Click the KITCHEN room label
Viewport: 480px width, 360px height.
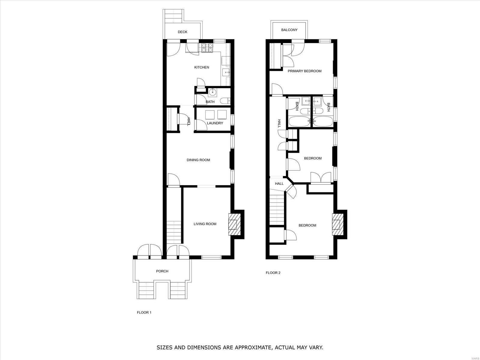202,67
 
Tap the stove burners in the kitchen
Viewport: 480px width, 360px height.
207,48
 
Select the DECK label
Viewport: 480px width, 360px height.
183,32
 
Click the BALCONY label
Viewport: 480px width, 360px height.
289,30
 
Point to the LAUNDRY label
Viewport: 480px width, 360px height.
215,123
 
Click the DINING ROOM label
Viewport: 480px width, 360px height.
198,160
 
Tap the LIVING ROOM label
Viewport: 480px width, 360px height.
205,224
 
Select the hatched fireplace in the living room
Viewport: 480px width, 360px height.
234,224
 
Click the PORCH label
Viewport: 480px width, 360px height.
162,271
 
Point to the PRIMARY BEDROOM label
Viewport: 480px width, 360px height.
304,71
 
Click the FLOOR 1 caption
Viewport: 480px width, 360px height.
144,313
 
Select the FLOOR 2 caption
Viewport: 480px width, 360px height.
273,273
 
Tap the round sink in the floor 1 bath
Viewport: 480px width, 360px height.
212,92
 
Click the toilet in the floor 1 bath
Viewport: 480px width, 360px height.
225,101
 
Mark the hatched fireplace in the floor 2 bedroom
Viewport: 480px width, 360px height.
338,224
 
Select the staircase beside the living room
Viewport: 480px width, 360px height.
174,232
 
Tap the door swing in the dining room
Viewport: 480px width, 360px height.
174,179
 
